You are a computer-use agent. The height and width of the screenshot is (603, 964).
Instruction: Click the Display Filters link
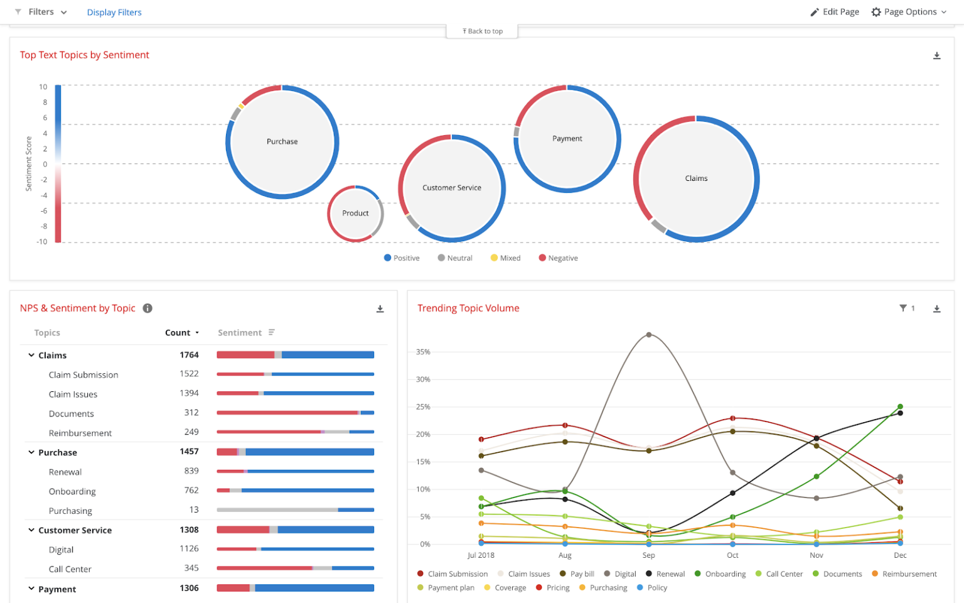pos(114,12)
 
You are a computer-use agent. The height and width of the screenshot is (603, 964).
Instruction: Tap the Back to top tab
pos(482,31)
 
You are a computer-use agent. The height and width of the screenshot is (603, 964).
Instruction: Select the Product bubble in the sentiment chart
pos(355,214)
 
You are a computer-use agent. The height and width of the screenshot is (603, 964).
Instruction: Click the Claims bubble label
pos(696,178)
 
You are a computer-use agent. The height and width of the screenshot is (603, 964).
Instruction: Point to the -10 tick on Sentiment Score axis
pos(42,242)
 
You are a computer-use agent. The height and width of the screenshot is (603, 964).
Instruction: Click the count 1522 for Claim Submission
pos(189,374)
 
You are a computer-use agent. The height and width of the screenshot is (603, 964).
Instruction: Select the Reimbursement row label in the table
pos(80,433)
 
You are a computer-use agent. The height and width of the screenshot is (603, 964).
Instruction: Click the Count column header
pos(178,333)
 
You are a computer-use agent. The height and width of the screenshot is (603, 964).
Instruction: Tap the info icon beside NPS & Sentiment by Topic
pos(147,308)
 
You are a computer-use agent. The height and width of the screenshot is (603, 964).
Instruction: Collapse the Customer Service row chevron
pos(31,530)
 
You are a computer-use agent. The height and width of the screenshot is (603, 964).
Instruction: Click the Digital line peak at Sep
pos(649,335)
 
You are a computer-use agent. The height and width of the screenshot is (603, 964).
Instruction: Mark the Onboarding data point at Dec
pos(900,406)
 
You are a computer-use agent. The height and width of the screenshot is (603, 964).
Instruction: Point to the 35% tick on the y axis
pos(423,352)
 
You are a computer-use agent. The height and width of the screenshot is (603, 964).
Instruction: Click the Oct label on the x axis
pos(732,555)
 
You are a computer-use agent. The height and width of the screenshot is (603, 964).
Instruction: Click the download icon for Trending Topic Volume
pos(936,308)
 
